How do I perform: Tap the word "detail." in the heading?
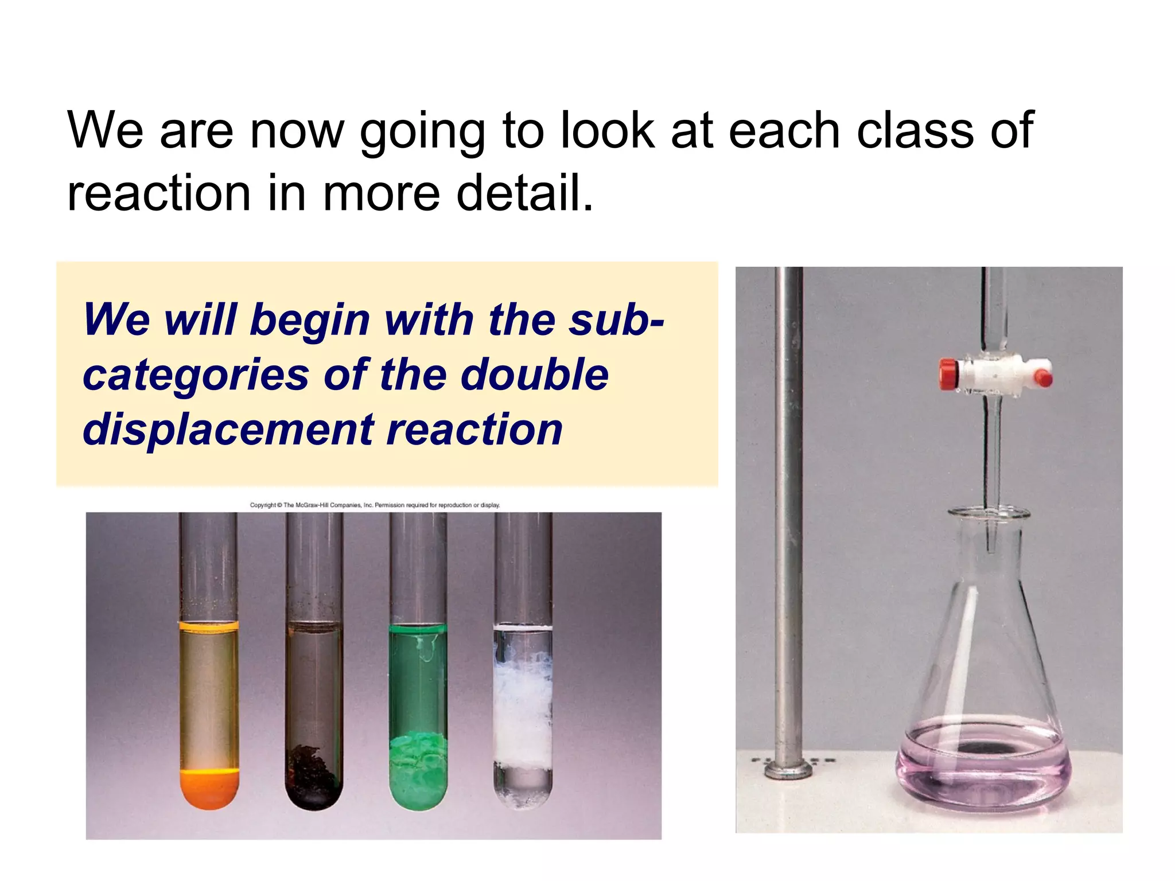pyautogui.click(x=524, y=193)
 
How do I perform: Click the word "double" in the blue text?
pyautogui.click(x=535, y=375)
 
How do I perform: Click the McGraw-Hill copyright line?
pyautogui.click(x=375, y=505)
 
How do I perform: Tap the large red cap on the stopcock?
pyautogui.click(x=949, y=374)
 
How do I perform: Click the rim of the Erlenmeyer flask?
pyautogui.click(x=988, y=513)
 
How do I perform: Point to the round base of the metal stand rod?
pyautogui.click(x=788, y=769)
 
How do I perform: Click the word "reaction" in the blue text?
pyautogui.click(x=474, y=430)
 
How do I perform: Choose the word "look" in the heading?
pyautogui.click(x=608, y=131)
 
